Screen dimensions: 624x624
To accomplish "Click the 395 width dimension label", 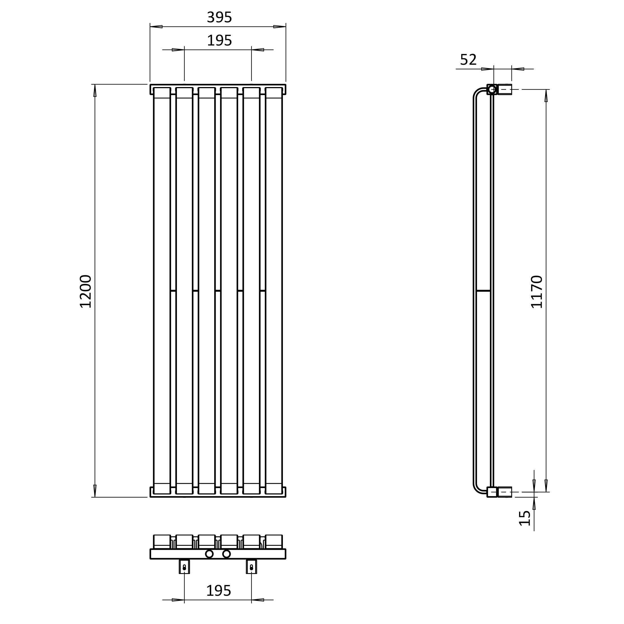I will point(219,18).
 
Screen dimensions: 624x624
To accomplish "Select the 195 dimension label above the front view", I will point(219,41).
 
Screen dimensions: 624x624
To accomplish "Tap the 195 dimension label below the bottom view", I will point(219,591).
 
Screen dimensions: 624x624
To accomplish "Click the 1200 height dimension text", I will point(86,291).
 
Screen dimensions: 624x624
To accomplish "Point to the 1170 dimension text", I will point(537,292).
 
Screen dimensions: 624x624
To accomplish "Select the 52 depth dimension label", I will point(468,60).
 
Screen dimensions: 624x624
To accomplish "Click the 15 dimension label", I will point(525,518).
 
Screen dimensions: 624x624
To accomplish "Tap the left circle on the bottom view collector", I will point(209,554).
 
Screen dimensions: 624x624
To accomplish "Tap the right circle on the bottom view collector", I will point(226,554).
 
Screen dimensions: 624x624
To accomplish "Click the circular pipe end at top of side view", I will point(492,89).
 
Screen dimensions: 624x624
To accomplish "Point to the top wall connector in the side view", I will point(505,90).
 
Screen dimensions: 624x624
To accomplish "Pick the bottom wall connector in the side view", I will point(505,492).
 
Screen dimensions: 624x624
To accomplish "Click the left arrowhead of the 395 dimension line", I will point(156,27).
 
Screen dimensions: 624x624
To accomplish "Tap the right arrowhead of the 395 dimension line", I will point(279,27).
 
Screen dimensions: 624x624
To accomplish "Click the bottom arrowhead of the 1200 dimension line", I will point(95,491).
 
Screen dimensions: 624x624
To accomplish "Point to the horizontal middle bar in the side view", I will point(483,291).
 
